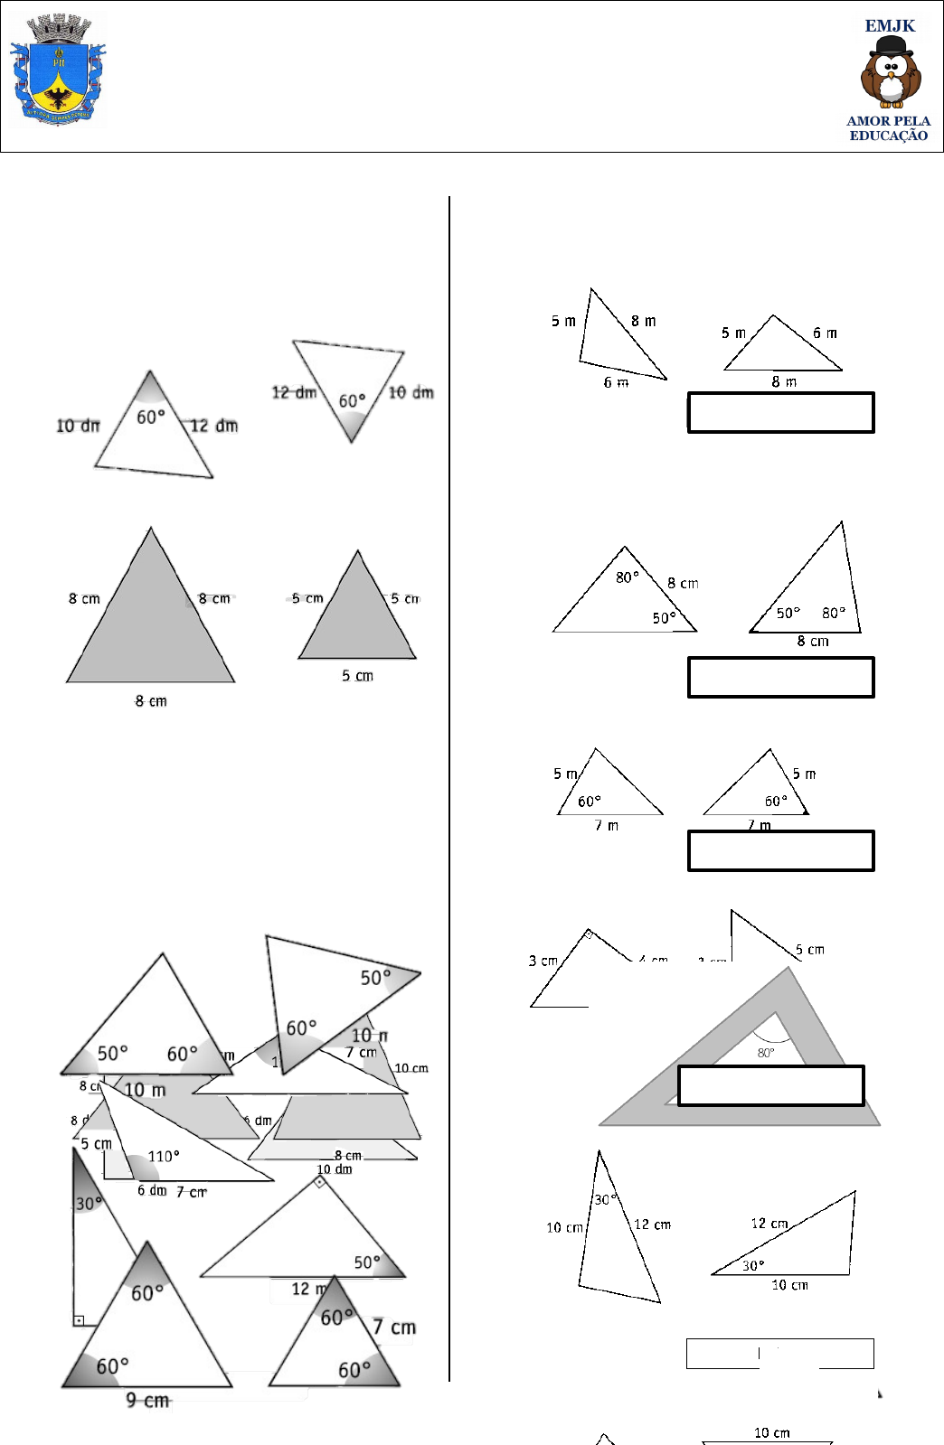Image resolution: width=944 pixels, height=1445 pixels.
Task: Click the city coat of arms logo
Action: pos(58,70)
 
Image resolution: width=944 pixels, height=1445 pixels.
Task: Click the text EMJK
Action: pos(890,26)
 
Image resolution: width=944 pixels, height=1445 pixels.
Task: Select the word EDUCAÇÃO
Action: pos(888,136)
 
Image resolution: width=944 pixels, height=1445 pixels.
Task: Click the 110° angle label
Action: pos(164,1156)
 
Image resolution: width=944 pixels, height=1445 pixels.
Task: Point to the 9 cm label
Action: pos(147,1400)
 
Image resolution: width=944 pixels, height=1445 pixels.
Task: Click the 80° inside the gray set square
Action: pos(766,1053)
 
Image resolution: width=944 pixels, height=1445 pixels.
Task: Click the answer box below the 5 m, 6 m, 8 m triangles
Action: pos(780,412)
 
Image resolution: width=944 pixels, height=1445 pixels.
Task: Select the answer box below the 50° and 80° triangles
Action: pos(780,677)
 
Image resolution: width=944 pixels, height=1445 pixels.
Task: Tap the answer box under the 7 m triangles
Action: pos(780,850)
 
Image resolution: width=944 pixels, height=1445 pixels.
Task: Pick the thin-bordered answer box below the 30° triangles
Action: pos(779,1353)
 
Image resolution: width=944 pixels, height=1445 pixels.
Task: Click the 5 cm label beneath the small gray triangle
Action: pos(357,676)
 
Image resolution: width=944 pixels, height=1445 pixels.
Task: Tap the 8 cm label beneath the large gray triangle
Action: pos(151,701)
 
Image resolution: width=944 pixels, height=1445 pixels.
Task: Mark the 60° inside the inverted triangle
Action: pos(352,400)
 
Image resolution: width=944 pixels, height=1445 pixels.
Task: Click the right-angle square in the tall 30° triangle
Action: pos(80,1320)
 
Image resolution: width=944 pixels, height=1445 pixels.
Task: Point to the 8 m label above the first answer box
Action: pos(784,382)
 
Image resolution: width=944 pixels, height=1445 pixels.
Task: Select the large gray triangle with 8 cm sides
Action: pos(150,624)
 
